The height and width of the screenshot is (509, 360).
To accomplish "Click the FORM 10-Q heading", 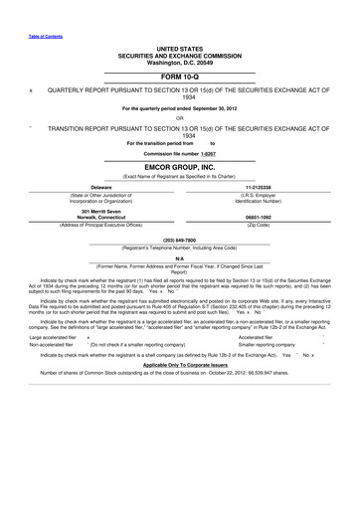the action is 179,76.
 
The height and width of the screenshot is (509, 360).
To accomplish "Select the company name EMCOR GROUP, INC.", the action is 179,168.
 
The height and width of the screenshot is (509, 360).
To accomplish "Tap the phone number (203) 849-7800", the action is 179,239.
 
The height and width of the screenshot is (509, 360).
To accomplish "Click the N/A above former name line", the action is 179,257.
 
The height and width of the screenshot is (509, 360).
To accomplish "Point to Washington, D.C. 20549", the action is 179,61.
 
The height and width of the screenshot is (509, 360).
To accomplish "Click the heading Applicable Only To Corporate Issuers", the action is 179,366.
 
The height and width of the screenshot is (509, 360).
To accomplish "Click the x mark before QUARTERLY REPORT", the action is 31,89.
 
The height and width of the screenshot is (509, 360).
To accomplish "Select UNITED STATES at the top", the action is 179,47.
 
